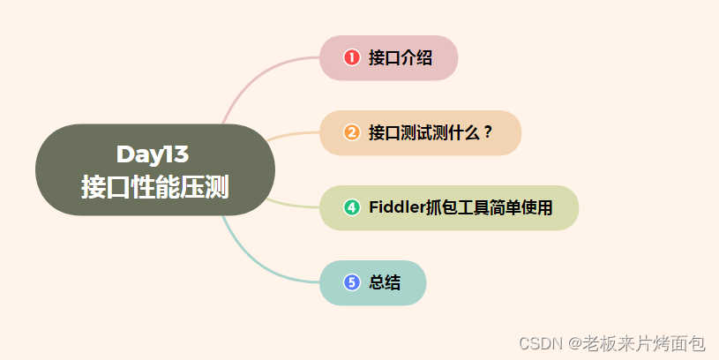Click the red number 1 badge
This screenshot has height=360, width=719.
pos(352,57)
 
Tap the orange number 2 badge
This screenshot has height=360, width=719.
pos(352,132)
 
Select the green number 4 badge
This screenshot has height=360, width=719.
pos(352,207)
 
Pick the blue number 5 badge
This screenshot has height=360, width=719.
pos(352,282)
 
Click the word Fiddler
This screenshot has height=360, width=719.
pos(396,207)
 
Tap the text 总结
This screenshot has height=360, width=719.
pos(385,282)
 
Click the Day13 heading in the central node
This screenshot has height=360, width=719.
pos(153,154)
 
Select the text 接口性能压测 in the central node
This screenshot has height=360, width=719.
pos(154,187)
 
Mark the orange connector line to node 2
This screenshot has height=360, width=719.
pos(291,135)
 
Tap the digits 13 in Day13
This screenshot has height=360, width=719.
pos(176,154)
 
